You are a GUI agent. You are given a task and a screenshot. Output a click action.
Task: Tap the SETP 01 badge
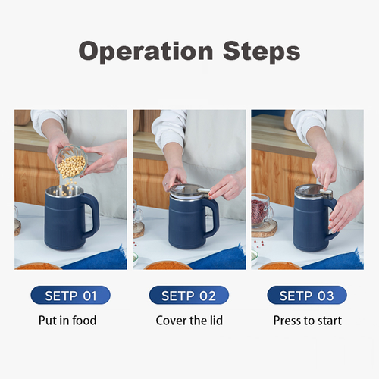click(x=70, y=295)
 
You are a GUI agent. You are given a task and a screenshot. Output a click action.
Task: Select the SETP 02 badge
click(x=189, y=295)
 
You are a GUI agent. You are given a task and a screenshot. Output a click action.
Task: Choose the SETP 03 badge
click(x=307, y=295)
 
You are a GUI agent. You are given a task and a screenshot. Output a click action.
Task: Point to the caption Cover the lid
click(x=189, y=321)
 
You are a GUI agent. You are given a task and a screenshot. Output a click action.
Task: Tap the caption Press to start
click(x=307, y=321)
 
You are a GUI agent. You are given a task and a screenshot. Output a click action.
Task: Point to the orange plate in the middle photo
click(x=167, y=265)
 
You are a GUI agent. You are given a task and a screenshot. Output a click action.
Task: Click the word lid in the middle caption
click(x=215, y=321)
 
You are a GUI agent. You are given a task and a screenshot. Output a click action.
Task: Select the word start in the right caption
click(x=329, y=321)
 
